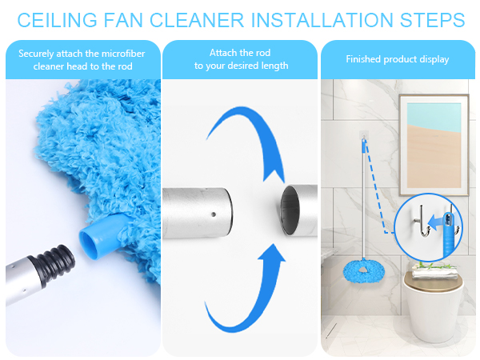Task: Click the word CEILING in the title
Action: [x=57, y=20]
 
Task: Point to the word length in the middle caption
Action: [x=274, y=66]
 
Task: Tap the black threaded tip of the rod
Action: [x=56, y=262]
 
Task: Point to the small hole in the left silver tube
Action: [x=214, y=214]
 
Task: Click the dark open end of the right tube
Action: [x=290, y=210]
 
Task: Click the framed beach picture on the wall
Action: [x=434, y=145]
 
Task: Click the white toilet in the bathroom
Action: [x=432, y=306]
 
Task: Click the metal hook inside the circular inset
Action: [x=422, y=221]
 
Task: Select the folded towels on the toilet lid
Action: [x=434, y=271]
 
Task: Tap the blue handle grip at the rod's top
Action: [x=364, y=146]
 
